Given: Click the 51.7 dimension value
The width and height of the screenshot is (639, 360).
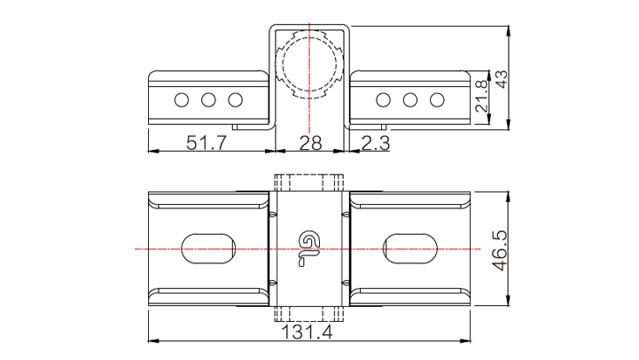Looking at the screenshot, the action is coord(206,143).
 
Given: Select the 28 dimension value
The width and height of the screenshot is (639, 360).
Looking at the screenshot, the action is coord(310,143).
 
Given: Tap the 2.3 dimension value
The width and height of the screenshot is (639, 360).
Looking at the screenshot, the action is coord(376,143).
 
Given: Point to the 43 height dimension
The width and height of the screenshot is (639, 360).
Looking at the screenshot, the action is coord(502,79).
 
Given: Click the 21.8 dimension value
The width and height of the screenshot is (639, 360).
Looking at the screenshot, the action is coord(481,97).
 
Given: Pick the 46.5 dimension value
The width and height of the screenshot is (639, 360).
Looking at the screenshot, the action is coord(500,251).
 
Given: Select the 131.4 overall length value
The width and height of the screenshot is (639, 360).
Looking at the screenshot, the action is coord(307,333).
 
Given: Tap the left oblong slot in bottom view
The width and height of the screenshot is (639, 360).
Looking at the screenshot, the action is coord(208,248).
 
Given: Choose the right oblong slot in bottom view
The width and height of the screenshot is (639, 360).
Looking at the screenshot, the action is coord(410,248).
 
